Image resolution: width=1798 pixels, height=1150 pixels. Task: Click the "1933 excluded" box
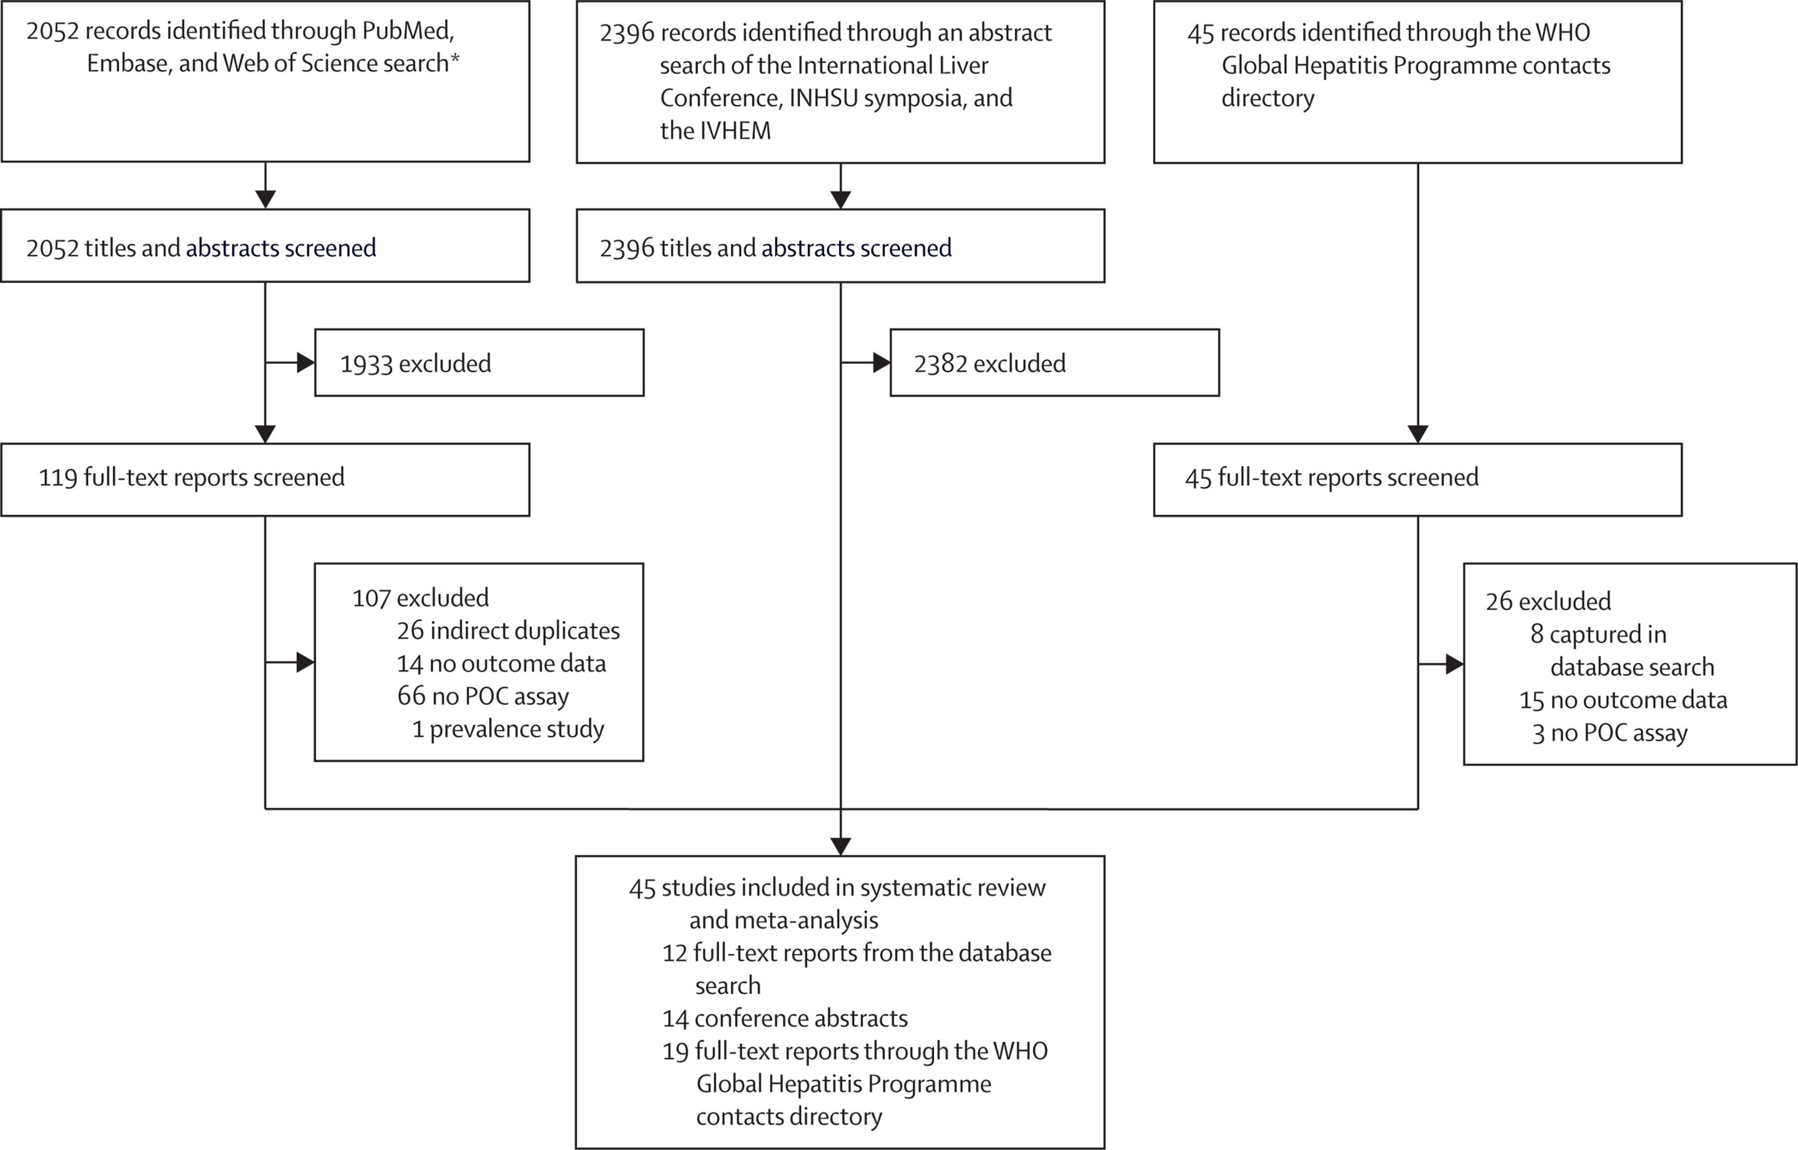[x=479, y=363]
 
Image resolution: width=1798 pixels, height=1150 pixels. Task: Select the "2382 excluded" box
[x=1054, y=363]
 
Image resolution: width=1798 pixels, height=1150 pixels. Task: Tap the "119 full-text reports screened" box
[x=265, y=479]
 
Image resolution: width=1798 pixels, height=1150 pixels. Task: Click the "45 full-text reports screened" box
[x=1418, y=479]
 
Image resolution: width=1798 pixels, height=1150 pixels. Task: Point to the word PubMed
[x=408, y=31]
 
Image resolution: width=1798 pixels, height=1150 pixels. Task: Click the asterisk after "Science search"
[x=454, y=57]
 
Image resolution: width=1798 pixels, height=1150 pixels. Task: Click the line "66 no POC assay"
[x=483, y=696]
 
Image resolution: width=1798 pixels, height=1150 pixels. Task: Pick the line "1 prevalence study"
[x=508, y=729]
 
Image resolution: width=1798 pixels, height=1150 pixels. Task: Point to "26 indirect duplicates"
[x=508, y=631]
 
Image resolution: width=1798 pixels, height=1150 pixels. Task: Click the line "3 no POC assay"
[x=1610, y=734]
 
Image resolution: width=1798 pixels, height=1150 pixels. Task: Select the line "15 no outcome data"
[x=1623, y=700]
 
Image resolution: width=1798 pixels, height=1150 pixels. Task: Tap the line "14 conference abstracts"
[x=785, y=1018]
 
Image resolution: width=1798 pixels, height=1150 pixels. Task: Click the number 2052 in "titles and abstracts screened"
[x=52, y=248]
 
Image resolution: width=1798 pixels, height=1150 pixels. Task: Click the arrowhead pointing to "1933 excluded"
[x=305, y=363]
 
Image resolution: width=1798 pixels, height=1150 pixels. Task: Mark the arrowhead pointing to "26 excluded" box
[x=1455, y=664]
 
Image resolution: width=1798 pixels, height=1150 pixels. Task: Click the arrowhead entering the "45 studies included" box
[x=841, y=846]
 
